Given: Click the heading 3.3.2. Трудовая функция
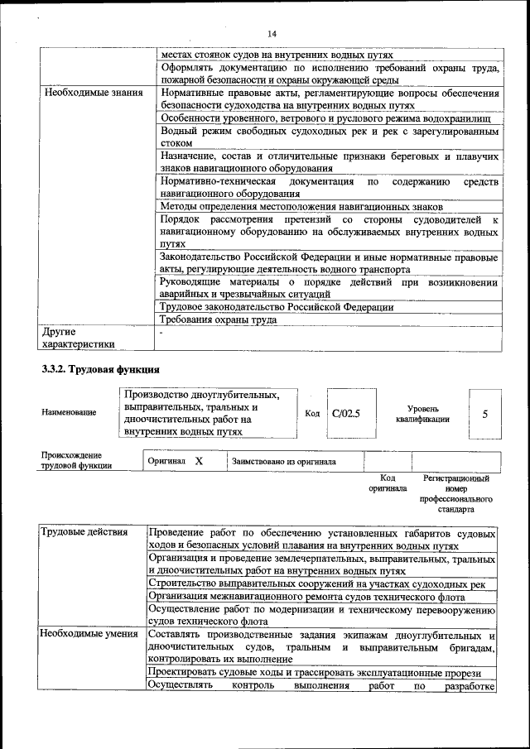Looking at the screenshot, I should point(99,368).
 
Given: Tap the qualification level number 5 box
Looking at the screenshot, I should point(485,412).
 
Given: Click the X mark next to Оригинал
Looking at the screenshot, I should point(199,460).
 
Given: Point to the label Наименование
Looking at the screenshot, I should point(68,412).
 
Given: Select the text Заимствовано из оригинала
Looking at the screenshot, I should point(283,461).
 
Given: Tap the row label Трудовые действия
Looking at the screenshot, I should point(84,532).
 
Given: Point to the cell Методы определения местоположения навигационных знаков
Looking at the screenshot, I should point(301,206).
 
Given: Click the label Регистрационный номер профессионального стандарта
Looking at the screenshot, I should point(455,494).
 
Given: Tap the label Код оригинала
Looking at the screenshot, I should point(388,483).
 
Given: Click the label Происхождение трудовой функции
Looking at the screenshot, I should point(76,460).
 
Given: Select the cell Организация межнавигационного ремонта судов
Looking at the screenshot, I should point(298,595).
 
